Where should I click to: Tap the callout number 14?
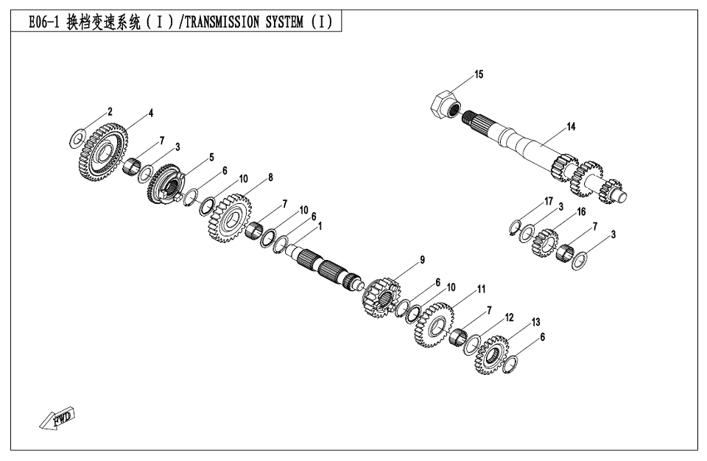click(x=571, y=127)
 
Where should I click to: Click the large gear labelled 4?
click(x=102, y=152)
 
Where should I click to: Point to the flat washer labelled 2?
click(x=78, y=138)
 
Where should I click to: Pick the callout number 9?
click(x=422, y=259)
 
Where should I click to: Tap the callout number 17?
click(x=548, y=201)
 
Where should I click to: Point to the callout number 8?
click(x=270, y=177)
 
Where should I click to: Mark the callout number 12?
click(x=508, y=317)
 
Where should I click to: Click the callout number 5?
click(x=211, y=158)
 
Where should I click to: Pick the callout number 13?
click(x=535, y=322)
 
